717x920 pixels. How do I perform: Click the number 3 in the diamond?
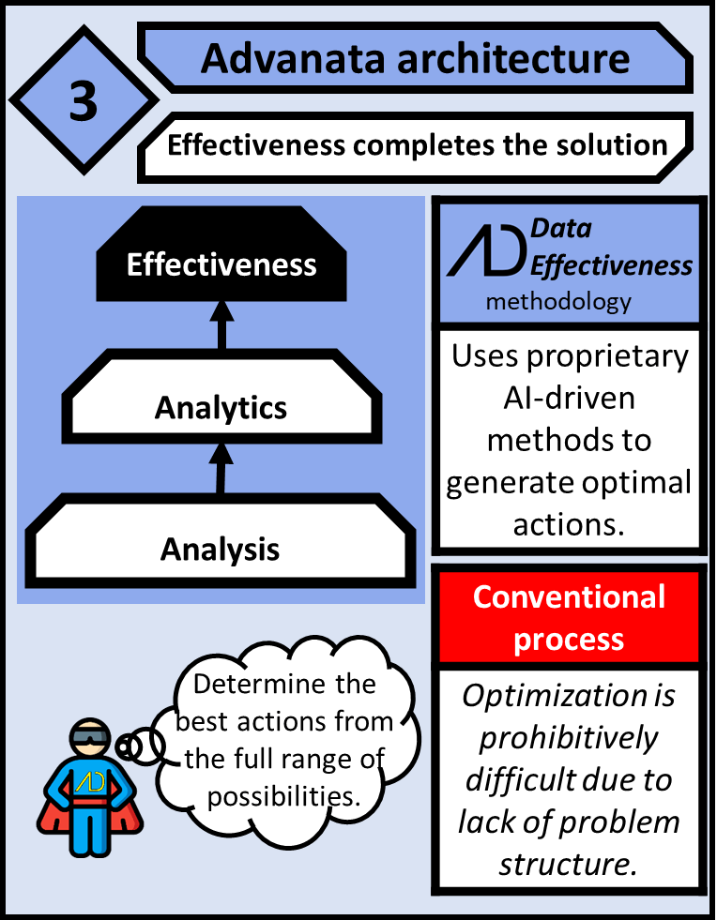point(83,101)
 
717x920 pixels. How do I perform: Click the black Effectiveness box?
point(221,264)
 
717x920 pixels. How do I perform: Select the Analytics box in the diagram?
point(221,407)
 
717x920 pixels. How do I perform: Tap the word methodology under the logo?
point(558,303)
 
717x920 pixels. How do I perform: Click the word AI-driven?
point(568,399)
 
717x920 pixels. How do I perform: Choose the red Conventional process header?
point(569,617)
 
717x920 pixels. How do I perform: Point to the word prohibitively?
point(569,737)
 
